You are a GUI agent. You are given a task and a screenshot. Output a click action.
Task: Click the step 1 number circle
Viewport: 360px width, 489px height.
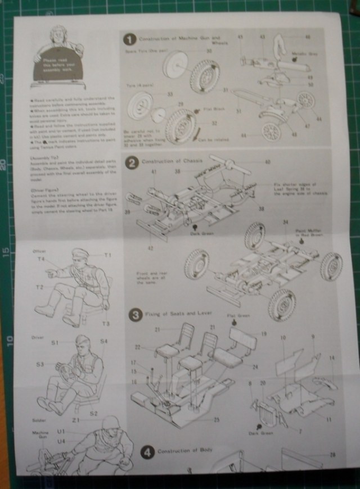tap(130, 39)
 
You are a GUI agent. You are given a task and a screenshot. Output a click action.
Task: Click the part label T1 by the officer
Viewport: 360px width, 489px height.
tap(107, 255)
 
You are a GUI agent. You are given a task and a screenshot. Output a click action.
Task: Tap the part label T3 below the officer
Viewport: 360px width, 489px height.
tap(105, 323)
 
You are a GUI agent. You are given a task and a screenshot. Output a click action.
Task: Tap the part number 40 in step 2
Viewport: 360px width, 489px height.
tap(267, 162)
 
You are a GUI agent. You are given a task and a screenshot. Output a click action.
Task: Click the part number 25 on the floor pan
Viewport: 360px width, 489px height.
tap(201, 419)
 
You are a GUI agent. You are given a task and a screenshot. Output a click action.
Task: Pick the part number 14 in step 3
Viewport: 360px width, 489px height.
tap(332, 357)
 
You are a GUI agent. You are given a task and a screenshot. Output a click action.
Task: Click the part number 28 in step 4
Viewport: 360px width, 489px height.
tap(333, 455)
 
